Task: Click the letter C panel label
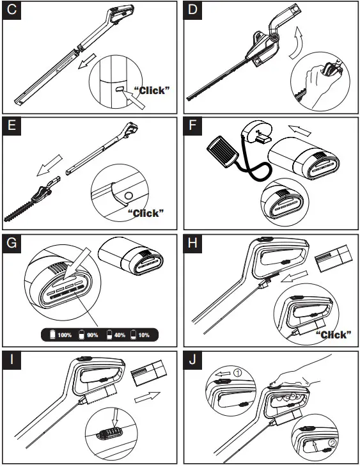(12, 10)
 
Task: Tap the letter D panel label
(192, 10)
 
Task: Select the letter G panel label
(12, 243)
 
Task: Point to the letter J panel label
(192, 360)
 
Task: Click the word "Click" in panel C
(152, 91)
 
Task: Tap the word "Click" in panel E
(146, 213)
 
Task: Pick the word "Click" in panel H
(333, 335)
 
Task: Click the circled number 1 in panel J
(238, 373)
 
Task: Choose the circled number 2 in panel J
(332, 443)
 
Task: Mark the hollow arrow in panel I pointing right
(148, 397)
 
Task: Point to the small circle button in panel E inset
(129, 196)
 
